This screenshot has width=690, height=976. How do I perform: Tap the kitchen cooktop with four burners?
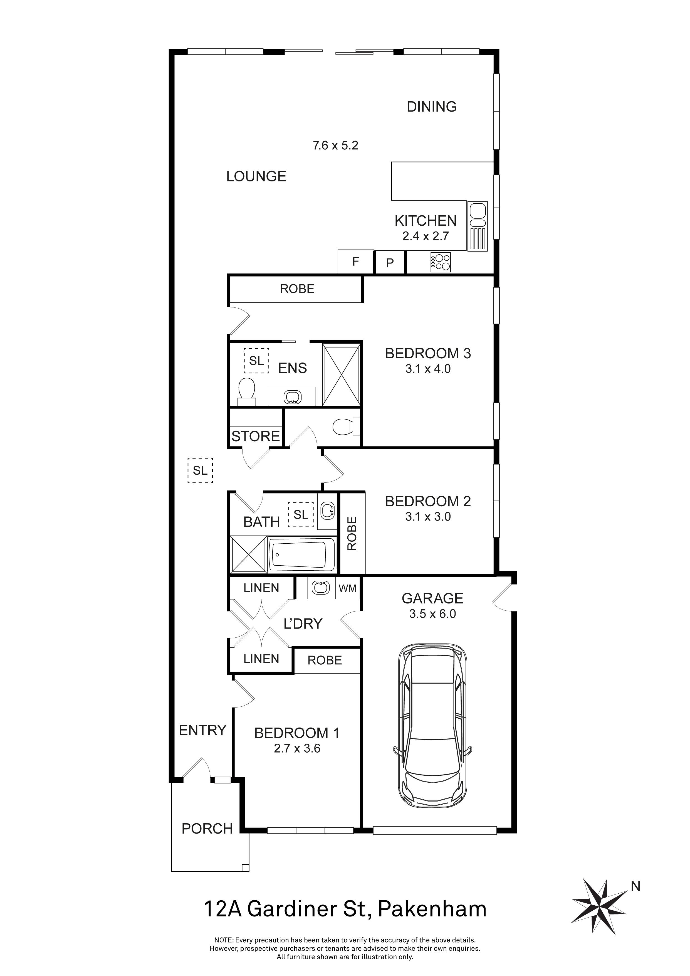(441, 262)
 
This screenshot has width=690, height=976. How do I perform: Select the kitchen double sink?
(477, 216)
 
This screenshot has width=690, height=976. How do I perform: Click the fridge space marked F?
(356, 262)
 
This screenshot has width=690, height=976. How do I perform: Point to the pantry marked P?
(390, 263)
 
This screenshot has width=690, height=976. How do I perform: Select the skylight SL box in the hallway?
(200, 470)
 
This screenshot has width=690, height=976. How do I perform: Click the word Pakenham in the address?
(432, 909)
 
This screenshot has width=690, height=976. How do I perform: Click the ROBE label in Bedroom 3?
(297, 289)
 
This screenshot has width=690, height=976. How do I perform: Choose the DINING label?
(432, 106)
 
